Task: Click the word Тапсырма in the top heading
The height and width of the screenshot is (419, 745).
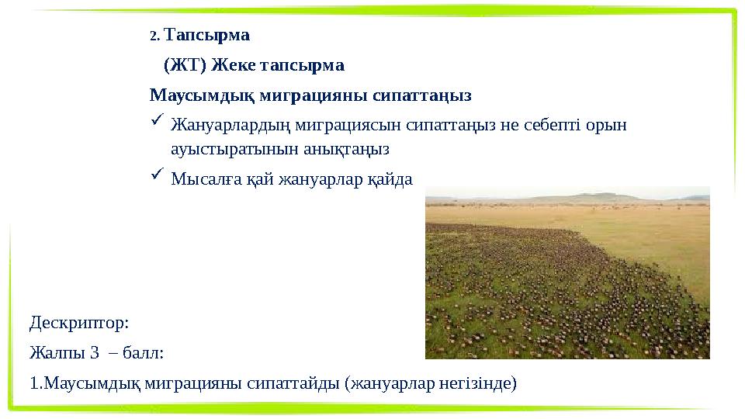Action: tap(207, 36)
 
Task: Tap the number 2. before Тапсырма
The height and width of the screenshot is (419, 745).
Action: tap(154, 36)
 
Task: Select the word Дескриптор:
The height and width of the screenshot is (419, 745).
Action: tap(79, 321)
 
